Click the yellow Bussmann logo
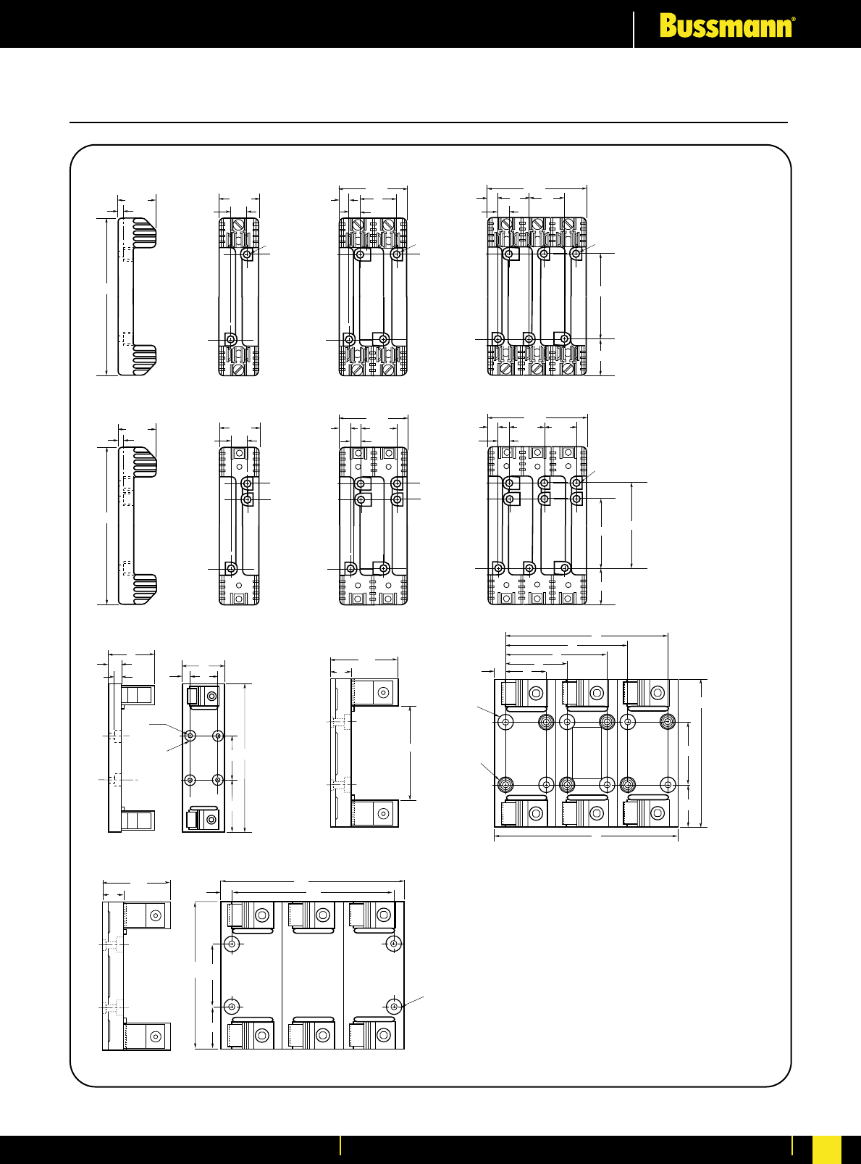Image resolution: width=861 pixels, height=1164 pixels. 726,27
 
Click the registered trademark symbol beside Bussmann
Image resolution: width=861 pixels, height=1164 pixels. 794,21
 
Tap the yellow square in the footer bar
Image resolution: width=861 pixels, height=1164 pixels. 827,1149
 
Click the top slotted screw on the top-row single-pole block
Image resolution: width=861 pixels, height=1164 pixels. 239,224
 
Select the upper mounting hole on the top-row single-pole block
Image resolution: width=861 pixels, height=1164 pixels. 248,254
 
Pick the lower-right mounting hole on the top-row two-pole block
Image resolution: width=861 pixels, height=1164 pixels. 384,339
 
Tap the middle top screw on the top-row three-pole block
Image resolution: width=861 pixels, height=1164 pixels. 537,224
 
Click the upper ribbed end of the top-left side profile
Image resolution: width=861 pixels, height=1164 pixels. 143,232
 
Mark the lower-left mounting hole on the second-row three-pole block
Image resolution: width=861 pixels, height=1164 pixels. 498,568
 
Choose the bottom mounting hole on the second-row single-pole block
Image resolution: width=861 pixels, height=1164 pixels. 231,568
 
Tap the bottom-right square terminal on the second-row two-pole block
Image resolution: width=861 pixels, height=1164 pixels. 389,598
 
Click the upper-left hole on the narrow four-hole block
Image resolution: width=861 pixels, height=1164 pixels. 190,736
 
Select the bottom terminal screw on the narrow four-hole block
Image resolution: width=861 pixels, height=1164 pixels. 211,820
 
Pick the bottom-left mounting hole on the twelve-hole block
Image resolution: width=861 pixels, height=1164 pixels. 505,785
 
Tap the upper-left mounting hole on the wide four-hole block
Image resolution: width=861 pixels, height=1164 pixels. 232,944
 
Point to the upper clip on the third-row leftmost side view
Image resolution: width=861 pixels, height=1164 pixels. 137,695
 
